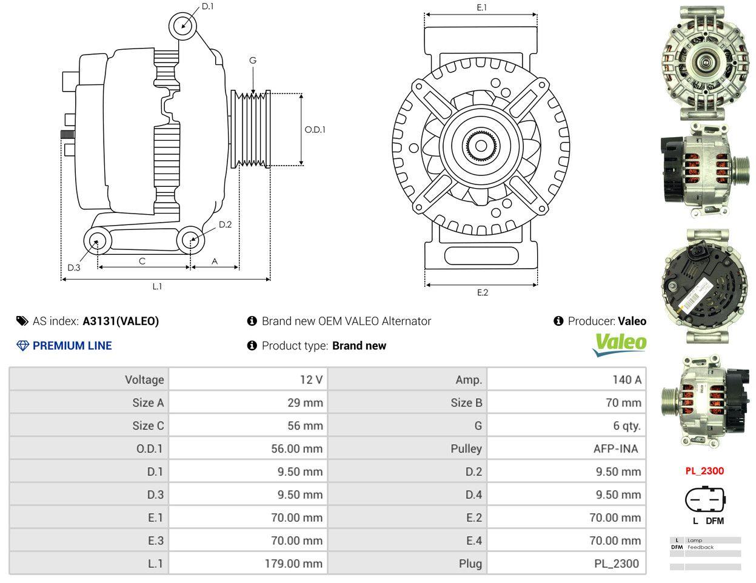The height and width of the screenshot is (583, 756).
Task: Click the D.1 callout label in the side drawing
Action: coord(208,6)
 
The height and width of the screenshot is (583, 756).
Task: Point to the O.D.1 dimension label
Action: coord(315,130)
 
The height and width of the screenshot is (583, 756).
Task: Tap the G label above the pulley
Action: coord(253,61)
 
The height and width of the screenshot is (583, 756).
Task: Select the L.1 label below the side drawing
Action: coord(157,286)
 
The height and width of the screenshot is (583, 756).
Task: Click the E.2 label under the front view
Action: coord(482,293)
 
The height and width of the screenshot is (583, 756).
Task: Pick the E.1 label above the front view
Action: coord(482,8)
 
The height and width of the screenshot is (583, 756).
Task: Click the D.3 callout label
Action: coord(74,268)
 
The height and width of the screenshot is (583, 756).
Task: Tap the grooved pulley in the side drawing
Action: coord(250,129)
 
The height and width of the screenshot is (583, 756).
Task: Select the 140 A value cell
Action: coord(627,379)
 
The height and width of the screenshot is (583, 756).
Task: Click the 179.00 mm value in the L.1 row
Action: coord(293,564)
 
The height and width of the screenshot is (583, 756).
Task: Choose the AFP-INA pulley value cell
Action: coord(616,449)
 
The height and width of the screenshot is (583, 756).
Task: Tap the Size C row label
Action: coord(148,426)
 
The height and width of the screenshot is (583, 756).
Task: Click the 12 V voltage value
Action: coord(312,379)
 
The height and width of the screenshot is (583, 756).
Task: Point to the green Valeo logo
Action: coord(619,345)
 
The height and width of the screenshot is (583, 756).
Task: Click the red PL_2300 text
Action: coord(704,471)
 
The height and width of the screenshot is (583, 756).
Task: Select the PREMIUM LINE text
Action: coord(72,346)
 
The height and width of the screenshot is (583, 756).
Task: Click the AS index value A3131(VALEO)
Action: coord(121,322)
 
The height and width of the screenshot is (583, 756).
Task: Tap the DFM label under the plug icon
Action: coord(715,521)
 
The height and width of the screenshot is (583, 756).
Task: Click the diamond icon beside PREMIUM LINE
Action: coord(22,346)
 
